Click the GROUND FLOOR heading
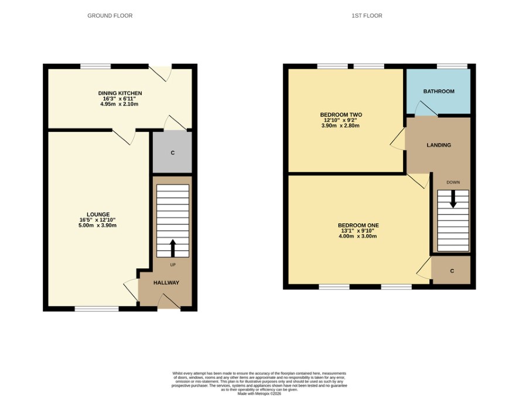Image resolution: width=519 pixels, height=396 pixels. [110, 16]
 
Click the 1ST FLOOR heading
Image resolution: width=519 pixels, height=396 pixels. [367, 16]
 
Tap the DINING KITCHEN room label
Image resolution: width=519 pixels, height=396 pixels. [120, 93]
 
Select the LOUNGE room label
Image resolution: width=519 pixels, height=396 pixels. [98, 214]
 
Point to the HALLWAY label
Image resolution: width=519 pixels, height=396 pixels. [166, 283]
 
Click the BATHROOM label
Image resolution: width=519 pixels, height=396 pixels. [439, 91]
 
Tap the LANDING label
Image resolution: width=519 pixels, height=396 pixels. [439, 145]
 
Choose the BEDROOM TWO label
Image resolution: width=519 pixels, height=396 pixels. [341, 115]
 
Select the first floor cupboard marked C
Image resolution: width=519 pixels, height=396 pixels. [452, 270]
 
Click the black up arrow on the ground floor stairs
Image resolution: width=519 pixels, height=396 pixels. [172, 248]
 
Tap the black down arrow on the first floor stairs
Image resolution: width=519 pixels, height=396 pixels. [453, 199]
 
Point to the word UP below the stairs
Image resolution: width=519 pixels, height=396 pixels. [173, 265]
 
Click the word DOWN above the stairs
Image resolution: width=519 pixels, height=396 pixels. [453, 182]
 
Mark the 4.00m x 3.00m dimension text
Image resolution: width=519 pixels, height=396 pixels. [358, 237]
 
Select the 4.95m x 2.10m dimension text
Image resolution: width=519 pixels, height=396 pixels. [119, 104]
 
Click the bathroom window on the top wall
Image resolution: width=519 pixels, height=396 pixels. [452, 66]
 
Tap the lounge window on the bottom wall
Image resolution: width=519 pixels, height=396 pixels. [97, 309]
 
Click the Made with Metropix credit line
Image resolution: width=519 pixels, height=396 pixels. [259, 394]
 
